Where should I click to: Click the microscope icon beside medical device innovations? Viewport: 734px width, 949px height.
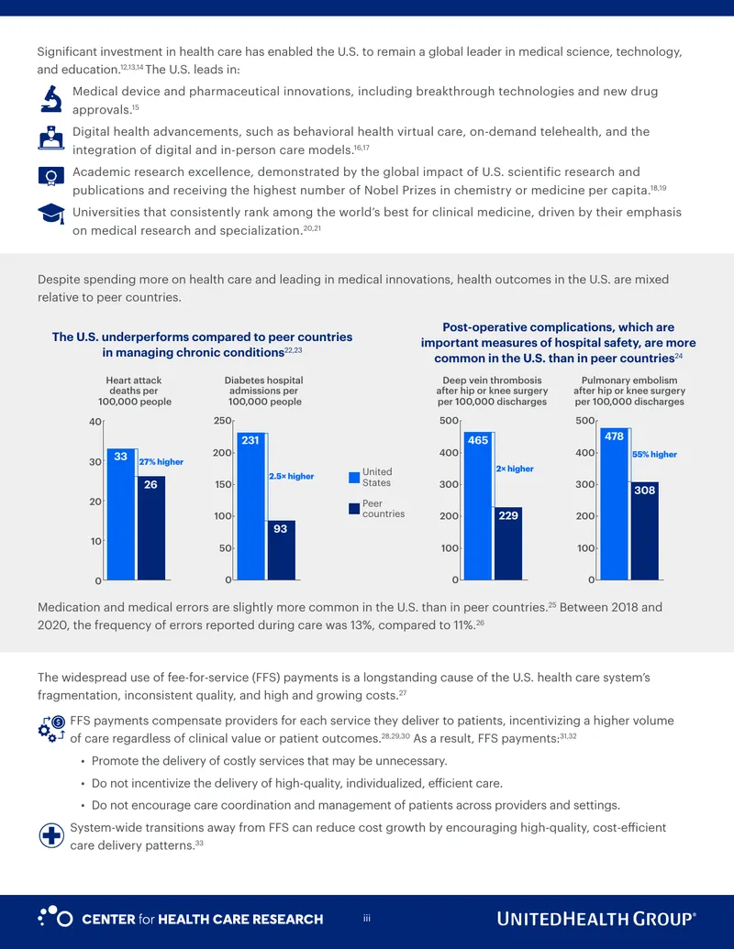pos(51,99)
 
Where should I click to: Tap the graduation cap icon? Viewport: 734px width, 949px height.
pos(50,214)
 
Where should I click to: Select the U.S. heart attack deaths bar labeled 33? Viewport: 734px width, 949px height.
pos(121,513)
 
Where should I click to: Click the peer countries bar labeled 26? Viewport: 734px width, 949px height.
pos(150,528)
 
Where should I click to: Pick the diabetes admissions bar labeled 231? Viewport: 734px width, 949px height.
pos(250,506)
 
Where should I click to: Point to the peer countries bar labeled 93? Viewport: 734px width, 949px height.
pos(281,550)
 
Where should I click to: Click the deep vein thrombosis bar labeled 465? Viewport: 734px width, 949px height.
pos(478,506)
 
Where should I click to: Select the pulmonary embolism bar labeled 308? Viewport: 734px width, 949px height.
pos(644,531)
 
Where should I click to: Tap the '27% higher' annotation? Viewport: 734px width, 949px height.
pos(161,462)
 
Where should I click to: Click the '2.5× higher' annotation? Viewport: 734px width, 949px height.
pos(292,476)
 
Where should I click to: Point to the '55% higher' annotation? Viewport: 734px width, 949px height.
pos(655,455)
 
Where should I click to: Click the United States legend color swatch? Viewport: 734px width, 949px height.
pos(354,478)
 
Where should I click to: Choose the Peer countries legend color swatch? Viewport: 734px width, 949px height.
pos(354,508)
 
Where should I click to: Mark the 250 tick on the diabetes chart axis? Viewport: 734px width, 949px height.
pos(222,421)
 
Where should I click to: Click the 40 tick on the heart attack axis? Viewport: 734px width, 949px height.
pos(95,422)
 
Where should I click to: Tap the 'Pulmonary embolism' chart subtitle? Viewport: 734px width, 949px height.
pos(629,391)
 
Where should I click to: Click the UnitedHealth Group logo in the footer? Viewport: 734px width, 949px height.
pos(596,919)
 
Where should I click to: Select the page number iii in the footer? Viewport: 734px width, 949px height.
pos(367,919)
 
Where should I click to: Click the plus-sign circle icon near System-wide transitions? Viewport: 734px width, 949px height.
pos(51,836)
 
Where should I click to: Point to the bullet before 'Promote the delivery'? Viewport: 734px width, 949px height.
pos(83,761)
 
